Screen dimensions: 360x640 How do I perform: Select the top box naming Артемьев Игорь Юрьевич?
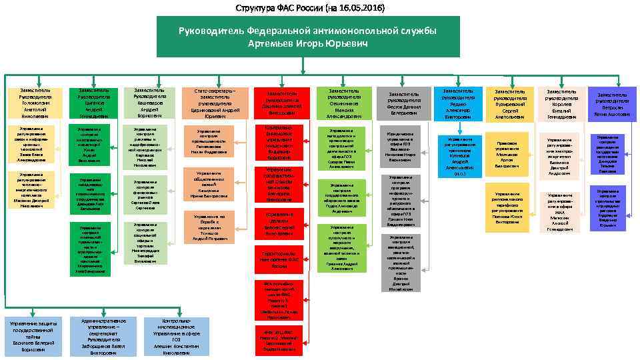pyautogui.click(x=308, y=37)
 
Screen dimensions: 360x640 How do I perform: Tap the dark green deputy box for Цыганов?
pyautogui.click(x=90, y=103)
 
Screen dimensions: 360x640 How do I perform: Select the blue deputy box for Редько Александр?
pyautogui.click(x=457, y=103)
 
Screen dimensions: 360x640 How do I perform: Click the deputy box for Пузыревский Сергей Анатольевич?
pyautogui.click(x=510, y=104)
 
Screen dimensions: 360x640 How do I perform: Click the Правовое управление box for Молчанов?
pyautogui.click(x=507, y=151)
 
